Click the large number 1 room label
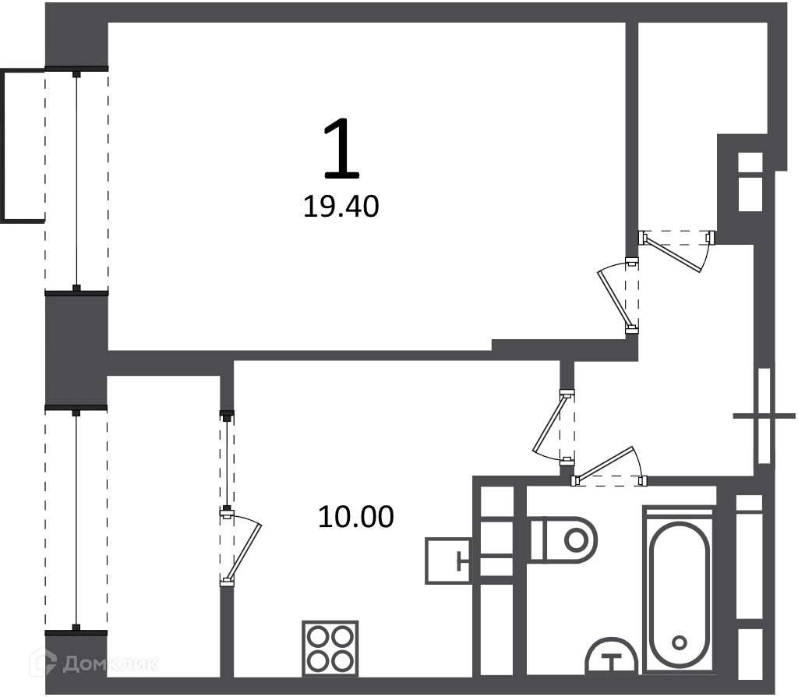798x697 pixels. point(341,148)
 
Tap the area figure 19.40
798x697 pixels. point(341,207)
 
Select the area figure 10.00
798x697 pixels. point(355,517)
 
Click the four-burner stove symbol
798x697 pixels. point(330,648)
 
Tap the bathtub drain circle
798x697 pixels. point(680,642)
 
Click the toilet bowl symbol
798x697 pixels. point(563,540)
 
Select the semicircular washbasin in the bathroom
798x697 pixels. point(612,656)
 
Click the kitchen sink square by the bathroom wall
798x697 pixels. point(448,561)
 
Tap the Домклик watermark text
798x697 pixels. point(111,664)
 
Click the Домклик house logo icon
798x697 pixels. point(44,663)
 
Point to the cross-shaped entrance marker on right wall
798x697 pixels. point(764,416)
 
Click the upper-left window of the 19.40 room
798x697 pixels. point(76,181)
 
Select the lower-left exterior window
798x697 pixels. point(76,520)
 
